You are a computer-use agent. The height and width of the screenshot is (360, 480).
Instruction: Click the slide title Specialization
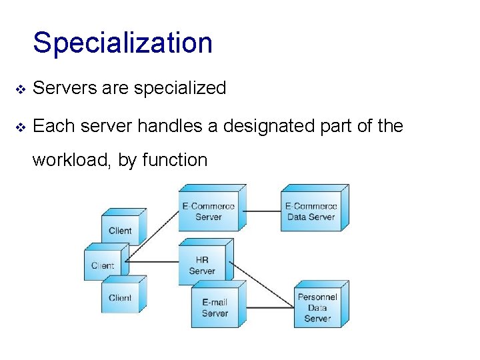pyautogui.click(x=123, y=43)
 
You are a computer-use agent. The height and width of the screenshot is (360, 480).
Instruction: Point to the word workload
pyautogui.click(x=71, y=160)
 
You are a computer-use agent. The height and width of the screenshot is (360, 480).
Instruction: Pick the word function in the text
pyautogui.click(x=175, y=160)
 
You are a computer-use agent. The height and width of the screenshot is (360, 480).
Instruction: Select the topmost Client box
pyautogui.click(x=121, y=231)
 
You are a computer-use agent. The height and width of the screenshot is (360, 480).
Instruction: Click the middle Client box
pyautogui.click(x=103, y=265)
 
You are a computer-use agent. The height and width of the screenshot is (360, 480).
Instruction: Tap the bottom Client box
pyautogui.click(x=121, y=298)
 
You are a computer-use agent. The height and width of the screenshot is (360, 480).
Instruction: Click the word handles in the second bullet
pyautogui.click(x=169, y=125)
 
